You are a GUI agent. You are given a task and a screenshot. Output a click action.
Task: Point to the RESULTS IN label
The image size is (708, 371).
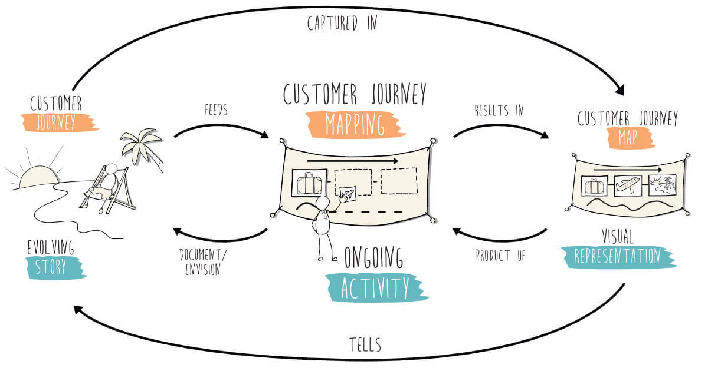(x=499, y=110)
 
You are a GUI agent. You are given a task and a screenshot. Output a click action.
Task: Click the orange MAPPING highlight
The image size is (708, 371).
(x=354, y=124)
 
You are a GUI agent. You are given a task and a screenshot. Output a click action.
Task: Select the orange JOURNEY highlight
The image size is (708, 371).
(x=58, y=122)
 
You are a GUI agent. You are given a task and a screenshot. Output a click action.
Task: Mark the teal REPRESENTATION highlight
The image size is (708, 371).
(x=617, y=256)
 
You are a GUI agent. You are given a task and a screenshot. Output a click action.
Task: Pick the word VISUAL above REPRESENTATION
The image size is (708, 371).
(x=617, y=237)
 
